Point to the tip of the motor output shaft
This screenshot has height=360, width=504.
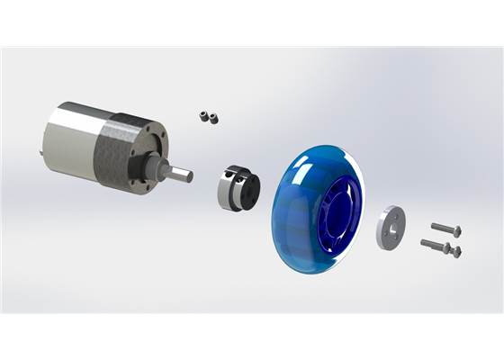click(188, 176)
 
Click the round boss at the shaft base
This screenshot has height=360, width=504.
click(162, 168)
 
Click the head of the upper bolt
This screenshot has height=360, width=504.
click(459, 231)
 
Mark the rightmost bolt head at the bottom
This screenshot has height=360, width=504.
click(457, 252)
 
